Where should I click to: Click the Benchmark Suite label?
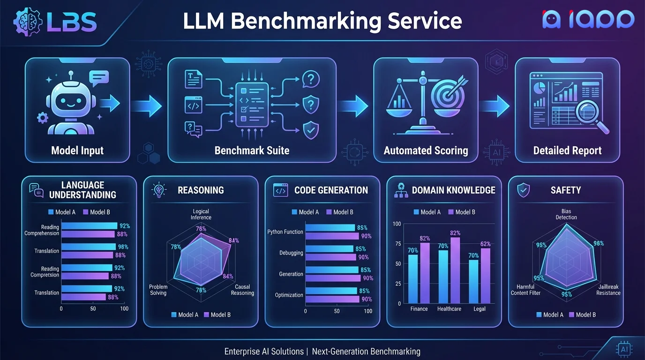[x=252, y=150]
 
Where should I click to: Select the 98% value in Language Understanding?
[x=123, y=247]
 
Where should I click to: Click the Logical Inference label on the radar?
[x=201, y=214]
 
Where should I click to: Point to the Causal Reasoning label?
[x=242, y=290]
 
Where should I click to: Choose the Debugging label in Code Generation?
[x=291, y=253]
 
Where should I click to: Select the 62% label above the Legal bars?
[x=486, y=244]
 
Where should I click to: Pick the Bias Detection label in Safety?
[x=566, y=214]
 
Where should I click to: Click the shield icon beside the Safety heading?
[x=523, y=190]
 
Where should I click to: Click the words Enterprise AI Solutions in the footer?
[x=264, y=351]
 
